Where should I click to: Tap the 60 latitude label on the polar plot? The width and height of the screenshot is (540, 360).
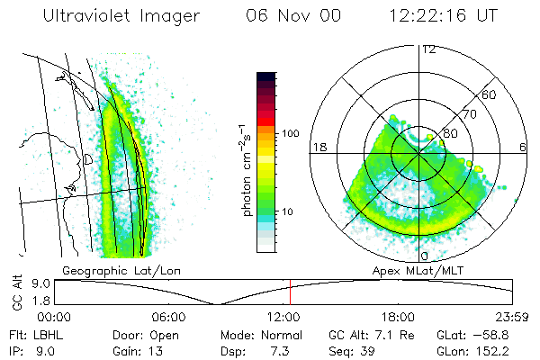490,94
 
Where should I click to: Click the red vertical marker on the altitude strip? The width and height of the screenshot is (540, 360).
290,292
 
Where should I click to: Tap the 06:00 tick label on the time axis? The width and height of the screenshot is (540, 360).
169,317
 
